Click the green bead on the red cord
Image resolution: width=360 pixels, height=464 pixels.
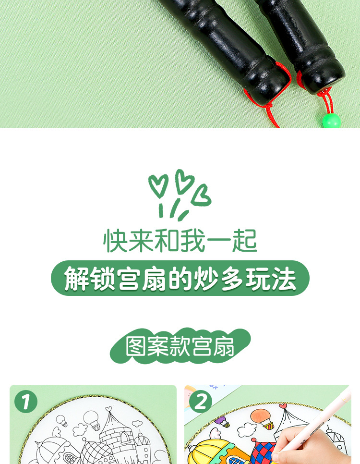[332, 120]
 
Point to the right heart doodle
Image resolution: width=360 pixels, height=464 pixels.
[202, 195]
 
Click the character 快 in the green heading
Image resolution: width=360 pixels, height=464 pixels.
[115, 241]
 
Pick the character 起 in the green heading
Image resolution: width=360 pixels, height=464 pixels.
[245, 241]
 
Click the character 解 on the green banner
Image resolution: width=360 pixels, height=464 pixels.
[77, 279]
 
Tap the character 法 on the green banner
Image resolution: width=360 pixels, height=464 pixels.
[284, 279]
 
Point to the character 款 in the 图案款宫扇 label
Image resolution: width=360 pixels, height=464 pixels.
[180, 346]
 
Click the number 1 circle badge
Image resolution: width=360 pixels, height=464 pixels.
[26, 402]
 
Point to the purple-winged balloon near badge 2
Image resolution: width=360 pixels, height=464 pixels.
[222, 421]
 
